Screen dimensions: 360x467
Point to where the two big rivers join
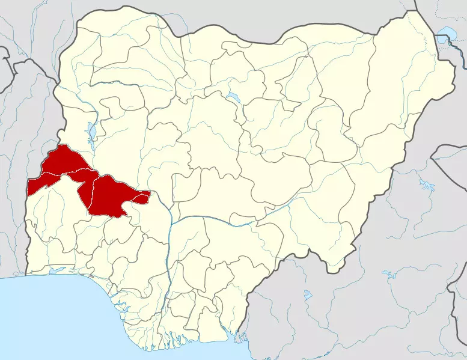[x=171, y=220]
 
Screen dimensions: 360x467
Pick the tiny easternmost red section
[x=142, y=195]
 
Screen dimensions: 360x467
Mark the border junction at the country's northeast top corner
[x=417, y=10]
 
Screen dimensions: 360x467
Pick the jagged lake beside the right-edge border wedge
[x=428, y=183]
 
